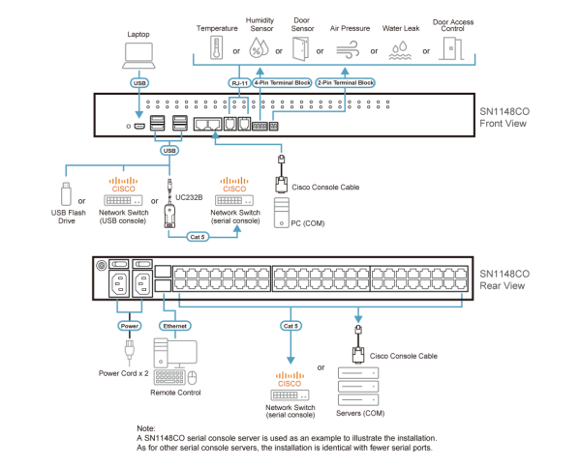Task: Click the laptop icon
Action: coord(138,56)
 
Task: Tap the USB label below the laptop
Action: coord(138,83)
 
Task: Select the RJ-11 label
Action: coord(238,83)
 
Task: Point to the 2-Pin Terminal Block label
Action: coord(345,83)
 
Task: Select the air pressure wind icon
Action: coord(347,48)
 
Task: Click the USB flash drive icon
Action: coord(67,191)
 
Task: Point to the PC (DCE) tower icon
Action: coord(281,211)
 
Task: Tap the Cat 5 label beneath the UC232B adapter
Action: coord(199,235)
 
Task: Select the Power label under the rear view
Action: coord(129,326)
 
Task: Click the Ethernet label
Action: coord(174,326)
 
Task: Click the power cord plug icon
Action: coord(129,352)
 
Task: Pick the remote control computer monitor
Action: coord(182,354)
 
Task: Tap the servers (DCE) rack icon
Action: coord(357,385)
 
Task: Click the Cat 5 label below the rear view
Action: coord(290,326)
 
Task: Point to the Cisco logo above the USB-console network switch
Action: coord(123,182)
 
